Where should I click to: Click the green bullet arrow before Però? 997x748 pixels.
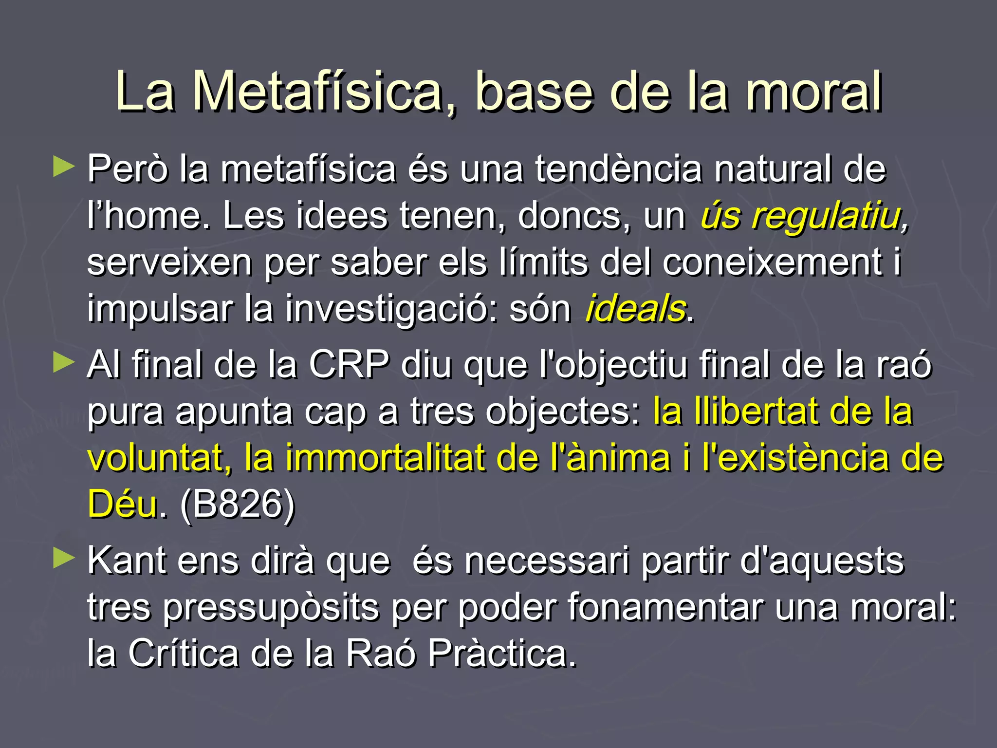pyautogui.click(x=64, y=167)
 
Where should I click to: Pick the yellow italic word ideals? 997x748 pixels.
pyautogui.click(x=635, y=309)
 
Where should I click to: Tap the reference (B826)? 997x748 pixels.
pyautogui.click(x=238, y=505)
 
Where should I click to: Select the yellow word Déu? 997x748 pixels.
pyautogui.click(x=123, y=505)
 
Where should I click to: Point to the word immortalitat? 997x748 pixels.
pyautogui.click(x=385, y=458)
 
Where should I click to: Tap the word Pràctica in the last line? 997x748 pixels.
pyautogui.click(x=501, y=654)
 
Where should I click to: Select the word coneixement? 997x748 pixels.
pyautogui.click(x=772, y=262)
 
